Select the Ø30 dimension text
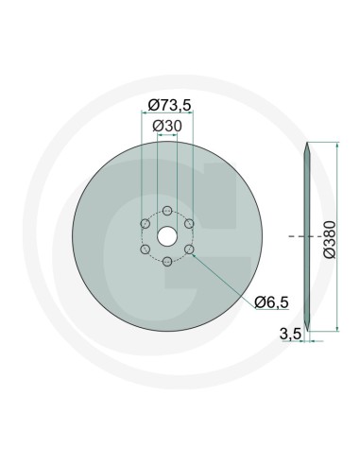pyautogui.click(x=166, y=125)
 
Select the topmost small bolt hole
pyautogui.click(x=166, y=210)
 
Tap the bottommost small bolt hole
pyautogui.click(x=166, y=261)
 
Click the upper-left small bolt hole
pyautogui.click(x=144, y=223)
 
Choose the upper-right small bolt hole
pyautogui.click(x=189, y=223)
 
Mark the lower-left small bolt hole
pyautogui.click(x=144, y=249)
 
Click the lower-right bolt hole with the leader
pyautogui.click(x=189, y=249)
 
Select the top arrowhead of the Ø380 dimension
pyautogui.click(x=336, y=146)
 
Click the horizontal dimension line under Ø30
pyautogui.click(x=166, y=135)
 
